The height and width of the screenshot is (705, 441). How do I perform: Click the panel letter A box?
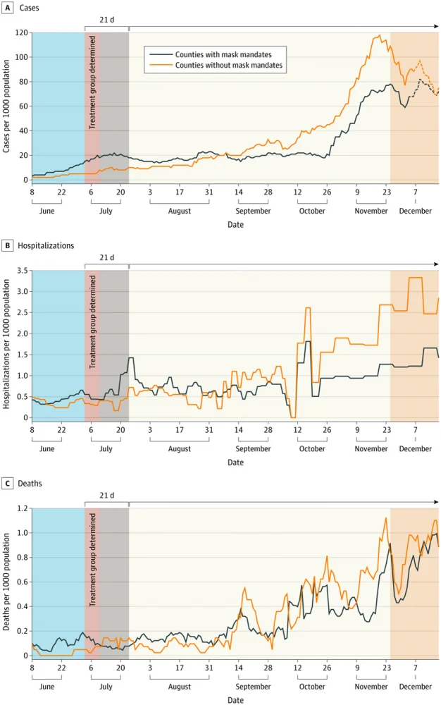(8, 7)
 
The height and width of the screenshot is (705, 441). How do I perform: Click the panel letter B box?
(8, 245)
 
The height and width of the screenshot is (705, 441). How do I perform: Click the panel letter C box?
(8, 484)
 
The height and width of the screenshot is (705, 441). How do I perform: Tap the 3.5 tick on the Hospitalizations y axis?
(22, 271)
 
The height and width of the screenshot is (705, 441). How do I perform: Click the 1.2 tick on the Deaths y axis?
(22, 508)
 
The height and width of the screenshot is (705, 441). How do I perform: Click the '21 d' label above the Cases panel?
(106, 20)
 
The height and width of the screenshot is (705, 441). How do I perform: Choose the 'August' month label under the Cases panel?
(179, 211)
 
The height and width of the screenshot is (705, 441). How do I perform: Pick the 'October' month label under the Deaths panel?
(312, 686)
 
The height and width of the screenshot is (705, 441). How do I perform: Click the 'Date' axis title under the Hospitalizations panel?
(235, 462)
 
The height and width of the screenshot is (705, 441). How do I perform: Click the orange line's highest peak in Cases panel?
(380, 36)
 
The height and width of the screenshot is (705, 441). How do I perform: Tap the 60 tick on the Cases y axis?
(24, 106)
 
